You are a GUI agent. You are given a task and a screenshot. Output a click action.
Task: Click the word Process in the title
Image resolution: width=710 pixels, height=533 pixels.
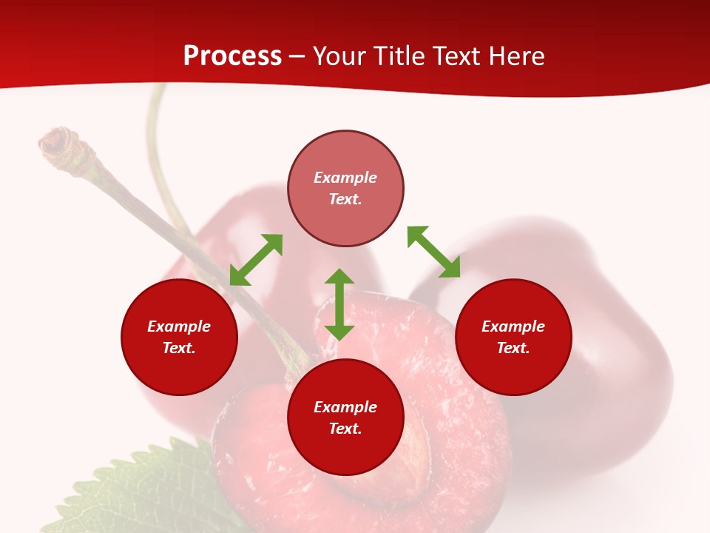(x=232, y=56)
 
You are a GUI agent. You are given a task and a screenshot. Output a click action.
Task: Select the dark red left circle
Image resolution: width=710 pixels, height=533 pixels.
(x=179, y=370)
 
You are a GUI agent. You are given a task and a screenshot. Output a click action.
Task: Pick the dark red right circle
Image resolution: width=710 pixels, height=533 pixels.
(x=513, y=370)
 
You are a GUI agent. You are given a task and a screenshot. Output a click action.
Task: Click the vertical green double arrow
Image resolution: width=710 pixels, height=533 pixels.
(x=339, y=304)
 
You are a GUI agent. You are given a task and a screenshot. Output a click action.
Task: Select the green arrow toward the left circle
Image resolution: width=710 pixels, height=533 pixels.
(x=256, y=260)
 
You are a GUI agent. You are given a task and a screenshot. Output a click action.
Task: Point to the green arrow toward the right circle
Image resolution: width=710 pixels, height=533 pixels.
(x=433, y=252)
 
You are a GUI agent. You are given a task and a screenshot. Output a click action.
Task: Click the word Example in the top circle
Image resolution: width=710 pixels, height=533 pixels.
(x=345, y=178)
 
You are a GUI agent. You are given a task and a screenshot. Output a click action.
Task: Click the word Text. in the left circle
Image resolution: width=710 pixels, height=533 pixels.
(x=179, y=348)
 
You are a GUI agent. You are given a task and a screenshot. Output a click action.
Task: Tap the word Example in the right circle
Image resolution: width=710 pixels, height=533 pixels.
(x=513, y=326)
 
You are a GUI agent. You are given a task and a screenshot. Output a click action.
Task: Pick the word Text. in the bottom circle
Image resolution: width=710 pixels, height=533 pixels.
(x=345, y=429)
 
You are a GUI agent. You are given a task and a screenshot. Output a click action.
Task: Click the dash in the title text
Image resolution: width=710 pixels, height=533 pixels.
(x=297, y=57)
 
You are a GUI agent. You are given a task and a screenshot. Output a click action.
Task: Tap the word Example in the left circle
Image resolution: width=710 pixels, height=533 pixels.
(x=179, y=326)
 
